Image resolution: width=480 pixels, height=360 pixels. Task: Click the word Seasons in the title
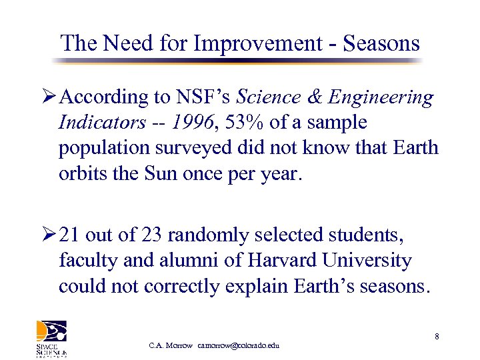381,43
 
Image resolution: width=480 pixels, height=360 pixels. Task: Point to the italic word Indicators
101,123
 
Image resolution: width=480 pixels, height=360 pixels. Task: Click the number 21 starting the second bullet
69,235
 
